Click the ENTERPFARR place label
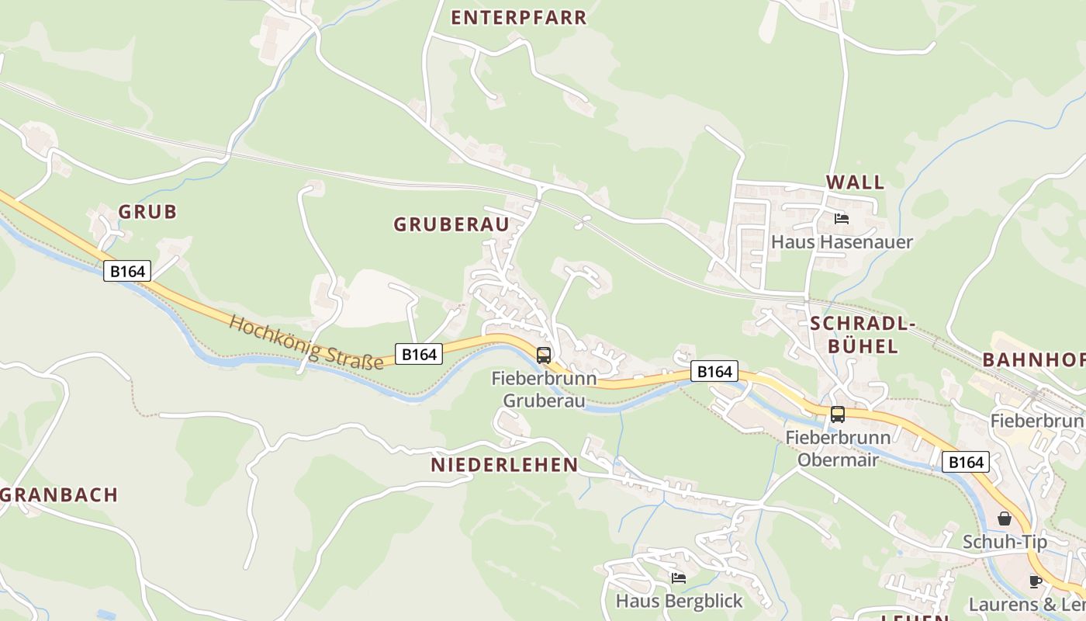[x=519, y=18]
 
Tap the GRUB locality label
[x=147, y=211]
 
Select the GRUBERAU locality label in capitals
[x=451, y=224]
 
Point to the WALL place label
[x=855, y=182]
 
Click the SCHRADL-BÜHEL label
[x=863, y=335]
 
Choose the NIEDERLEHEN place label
[x=504, y=465]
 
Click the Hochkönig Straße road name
[x=306, y=342]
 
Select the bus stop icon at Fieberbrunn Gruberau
[x=544, y=356]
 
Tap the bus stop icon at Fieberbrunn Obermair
[x=838, y=415]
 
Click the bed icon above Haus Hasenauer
[x=842, y=219]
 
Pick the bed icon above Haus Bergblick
[x=679, y=578]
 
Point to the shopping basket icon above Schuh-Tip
[x=1005, y=519]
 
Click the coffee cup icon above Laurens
[x=1036, y=581]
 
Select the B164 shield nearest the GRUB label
[x=127, y=271]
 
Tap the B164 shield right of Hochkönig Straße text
[x=419, y=354]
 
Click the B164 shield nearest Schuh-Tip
[x=967, y=462]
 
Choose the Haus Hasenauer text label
[x=842, y=242]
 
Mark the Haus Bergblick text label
[x=679, y=601]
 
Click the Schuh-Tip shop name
[x=1005, y=542]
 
